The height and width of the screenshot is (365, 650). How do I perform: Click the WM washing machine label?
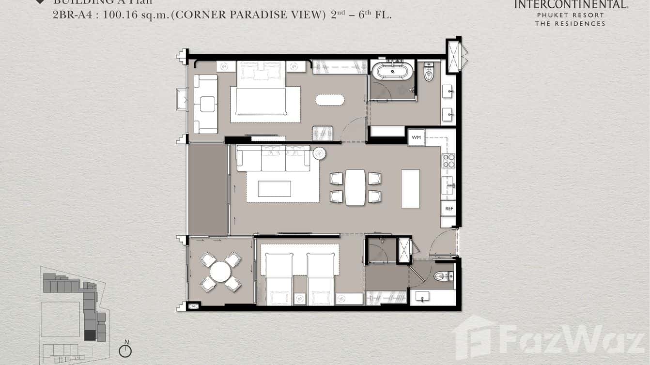(416, 137)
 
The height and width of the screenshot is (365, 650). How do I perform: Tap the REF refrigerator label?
(449, 209)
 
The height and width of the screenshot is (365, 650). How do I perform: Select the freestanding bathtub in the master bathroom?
(392, 71)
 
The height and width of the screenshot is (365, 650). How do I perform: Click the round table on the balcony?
(220, 272)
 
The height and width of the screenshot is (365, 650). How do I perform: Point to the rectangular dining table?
(355, 187)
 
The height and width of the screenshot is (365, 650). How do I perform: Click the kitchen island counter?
(410, 188)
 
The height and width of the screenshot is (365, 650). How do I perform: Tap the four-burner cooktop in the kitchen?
(449, 160)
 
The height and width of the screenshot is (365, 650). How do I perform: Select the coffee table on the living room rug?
(274, 189)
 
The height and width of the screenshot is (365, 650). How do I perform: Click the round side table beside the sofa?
(319, 153)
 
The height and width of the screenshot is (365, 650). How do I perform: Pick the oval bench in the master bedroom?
(330, 100)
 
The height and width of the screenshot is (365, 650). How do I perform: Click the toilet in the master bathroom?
(429, 72)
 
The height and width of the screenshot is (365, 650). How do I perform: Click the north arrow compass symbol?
(125, 350)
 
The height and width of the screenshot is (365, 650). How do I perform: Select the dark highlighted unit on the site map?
(90, 335)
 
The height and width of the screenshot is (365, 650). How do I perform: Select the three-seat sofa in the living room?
(273, 159)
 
